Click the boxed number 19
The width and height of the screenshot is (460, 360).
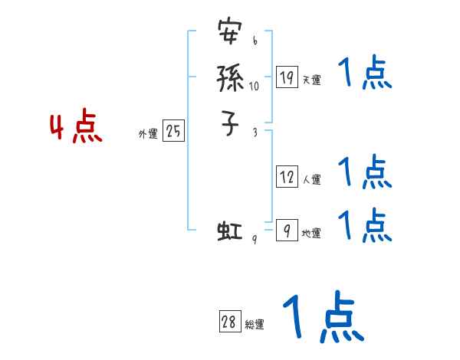click(287, 77)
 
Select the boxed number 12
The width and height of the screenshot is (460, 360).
click(287, 177)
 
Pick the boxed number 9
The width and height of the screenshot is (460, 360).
click(286, 231)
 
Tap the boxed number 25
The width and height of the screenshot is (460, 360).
click(173, 132)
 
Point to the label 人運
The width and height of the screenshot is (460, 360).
click(311, 180)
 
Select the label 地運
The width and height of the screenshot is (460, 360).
click(311, 234)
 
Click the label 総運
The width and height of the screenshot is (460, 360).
click(255, 326)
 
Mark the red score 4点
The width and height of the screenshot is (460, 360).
click(77, 129)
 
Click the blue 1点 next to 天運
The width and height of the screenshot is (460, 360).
click(365, 74)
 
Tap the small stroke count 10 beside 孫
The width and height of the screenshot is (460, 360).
click(254, 86)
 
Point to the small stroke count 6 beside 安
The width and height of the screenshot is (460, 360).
click(255, 41)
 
